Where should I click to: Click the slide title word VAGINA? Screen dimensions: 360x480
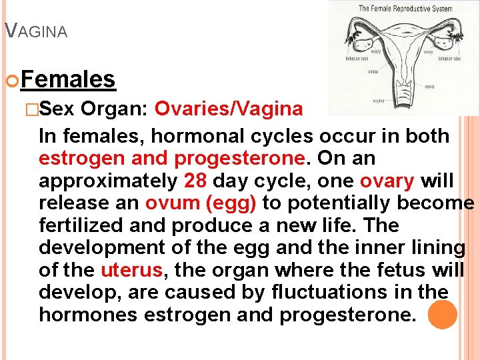point(36,31)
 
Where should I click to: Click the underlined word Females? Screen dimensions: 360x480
point(69,80)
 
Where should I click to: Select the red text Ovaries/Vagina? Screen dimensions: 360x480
point(229,109)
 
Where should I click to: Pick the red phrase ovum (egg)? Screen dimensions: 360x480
point(204,203)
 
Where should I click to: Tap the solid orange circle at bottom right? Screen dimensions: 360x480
point(442,315)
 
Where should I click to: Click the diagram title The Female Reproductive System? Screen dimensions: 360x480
point(405,9)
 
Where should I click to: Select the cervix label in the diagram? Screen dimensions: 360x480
point(429,86)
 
